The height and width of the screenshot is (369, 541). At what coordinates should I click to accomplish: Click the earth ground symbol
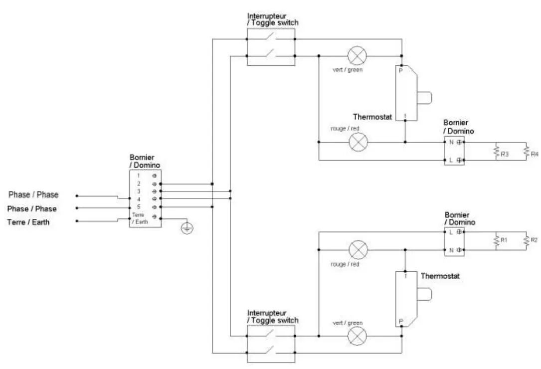pos(187,228)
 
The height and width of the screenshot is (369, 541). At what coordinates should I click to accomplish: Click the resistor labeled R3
pos(496,152)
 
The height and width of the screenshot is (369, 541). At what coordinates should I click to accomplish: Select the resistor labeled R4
pos(526,151)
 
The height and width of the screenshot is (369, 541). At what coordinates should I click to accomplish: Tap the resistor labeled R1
pos(496,241)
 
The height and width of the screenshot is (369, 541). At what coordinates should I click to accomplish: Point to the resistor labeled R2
pos(526,241)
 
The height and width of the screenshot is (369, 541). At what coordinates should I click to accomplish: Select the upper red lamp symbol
pos(358,142)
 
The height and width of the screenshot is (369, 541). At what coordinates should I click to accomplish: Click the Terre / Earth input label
pos(28,222)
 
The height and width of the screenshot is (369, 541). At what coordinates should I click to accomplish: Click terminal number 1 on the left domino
pos(139,176)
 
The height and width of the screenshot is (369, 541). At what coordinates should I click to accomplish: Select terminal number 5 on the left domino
pos(139,206)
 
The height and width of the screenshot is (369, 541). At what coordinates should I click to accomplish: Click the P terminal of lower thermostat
pos(400,321)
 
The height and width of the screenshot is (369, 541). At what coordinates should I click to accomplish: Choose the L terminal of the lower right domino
pos(451,232)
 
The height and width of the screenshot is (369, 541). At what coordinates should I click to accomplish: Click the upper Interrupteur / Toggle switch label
pos(273,19)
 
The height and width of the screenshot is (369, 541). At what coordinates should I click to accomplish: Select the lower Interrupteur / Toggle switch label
pos(273,317)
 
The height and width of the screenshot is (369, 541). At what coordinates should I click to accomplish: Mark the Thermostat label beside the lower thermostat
pos(440,276)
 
